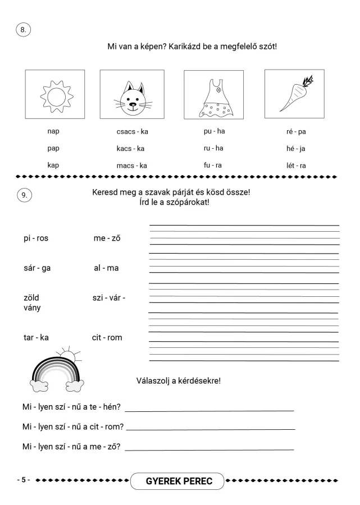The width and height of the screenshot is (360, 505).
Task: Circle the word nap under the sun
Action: point(54,132)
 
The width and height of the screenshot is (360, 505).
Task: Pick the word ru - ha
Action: point(213,148)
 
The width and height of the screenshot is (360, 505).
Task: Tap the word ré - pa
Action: point(295,132)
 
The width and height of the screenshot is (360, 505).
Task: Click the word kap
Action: point(54,166)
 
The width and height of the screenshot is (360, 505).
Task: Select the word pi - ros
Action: point(35,238)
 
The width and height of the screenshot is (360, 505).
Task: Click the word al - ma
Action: point(106,268)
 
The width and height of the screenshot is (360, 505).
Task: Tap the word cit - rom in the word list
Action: point(107,338)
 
